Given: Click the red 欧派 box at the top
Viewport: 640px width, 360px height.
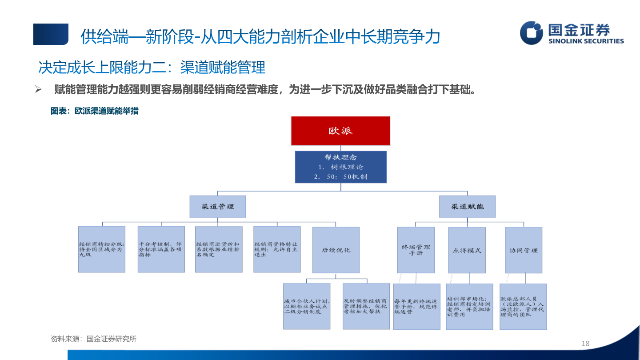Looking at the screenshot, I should tap(340, 131).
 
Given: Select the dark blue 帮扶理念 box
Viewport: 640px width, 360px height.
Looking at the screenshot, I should tap(340, 167).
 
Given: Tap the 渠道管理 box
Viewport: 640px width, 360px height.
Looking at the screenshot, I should tap(217, 207).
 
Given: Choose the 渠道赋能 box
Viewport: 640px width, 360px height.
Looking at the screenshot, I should tap(467, 207).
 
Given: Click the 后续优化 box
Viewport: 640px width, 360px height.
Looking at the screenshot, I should tap(336, 250).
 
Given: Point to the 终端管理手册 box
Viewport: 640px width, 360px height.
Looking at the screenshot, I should tap(416, 250).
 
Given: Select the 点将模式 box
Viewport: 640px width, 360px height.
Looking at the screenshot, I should tap(467, 250).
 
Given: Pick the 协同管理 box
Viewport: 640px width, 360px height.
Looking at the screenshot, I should tap(523, 250).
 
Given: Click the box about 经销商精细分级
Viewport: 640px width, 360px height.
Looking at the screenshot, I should tap(102, 249).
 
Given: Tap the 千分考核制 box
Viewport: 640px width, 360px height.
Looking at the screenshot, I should tap(161, 249).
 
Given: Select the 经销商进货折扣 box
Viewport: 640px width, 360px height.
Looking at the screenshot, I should tap(219, 249).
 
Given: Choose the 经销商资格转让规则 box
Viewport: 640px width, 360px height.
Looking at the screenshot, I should tap(276, 249).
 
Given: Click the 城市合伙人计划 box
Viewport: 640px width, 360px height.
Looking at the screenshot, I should tap(307, 306).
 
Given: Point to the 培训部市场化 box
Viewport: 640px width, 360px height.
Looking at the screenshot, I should tap(469, 306).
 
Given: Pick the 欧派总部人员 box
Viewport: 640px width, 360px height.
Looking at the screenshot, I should tap(523, 306).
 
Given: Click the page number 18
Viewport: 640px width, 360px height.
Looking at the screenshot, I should tap(585, 343).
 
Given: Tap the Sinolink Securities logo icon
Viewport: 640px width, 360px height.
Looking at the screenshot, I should tap(532, 33).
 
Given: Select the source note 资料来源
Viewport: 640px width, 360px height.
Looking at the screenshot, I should tap(93, 339).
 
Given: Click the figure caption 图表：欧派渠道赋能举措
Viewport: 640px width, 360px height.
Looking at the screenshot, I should tap(95, 111).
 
